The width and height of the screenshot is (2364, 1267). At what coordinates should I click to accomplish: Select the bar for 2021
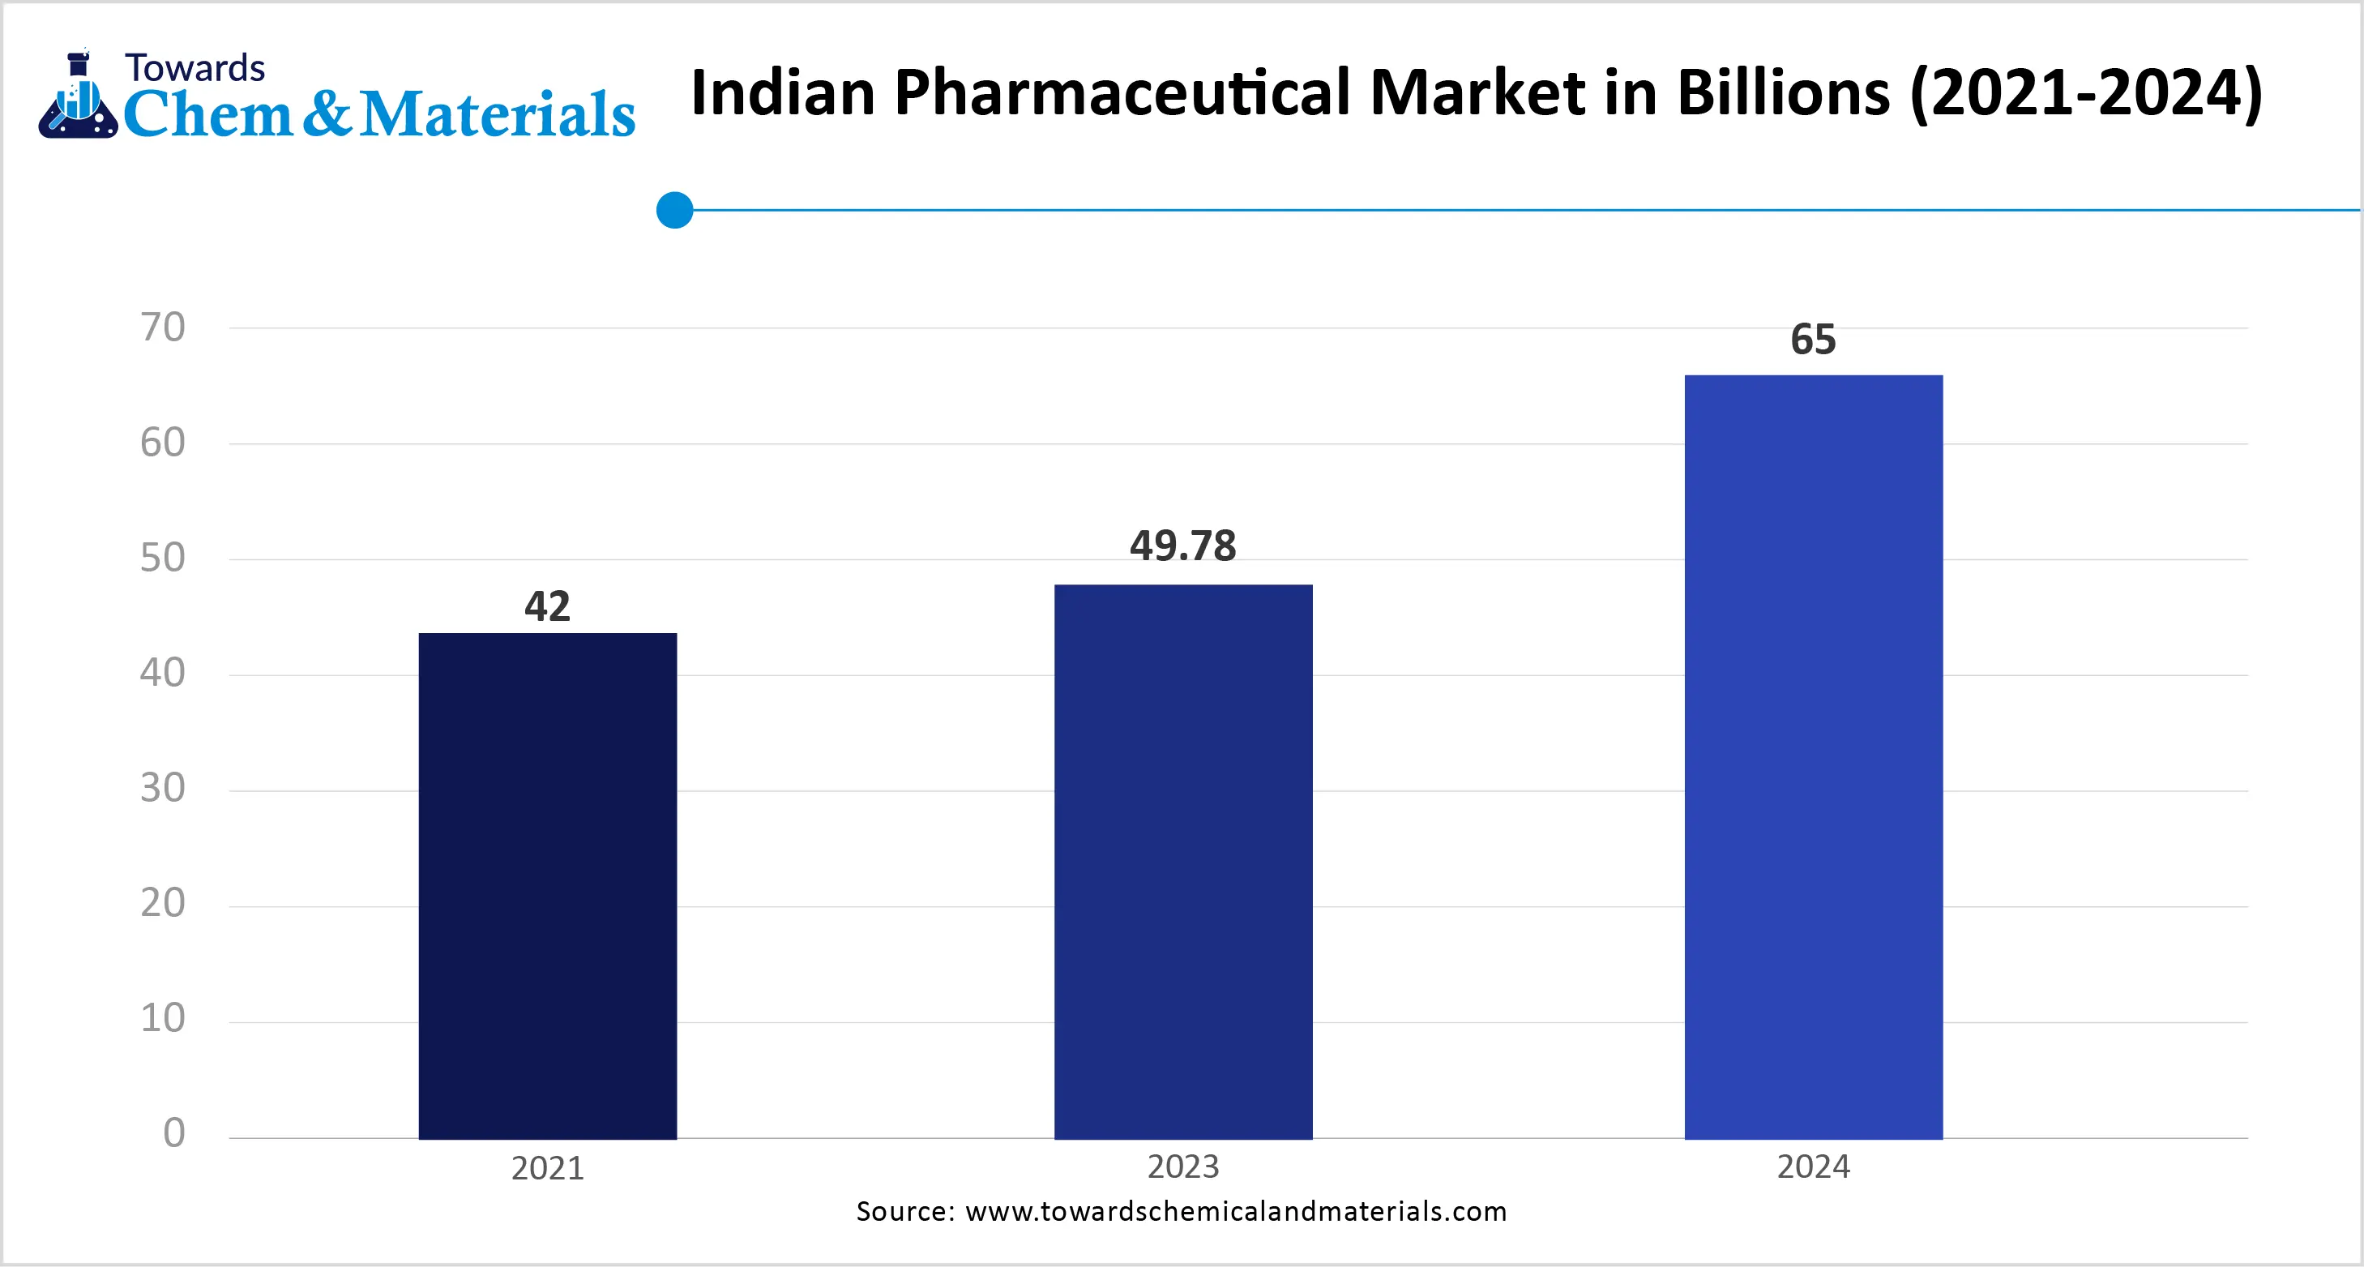(x=547, y=886)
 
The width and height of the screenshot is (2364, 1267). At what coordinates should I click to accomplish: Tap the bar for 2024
(x=1814, y=756)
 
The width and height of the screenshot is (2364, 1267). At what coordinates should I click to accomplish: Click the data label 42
(x=547, y=607)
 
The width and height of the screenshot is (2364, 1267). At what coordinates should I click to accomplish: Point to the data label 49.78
(x=1183, y=546)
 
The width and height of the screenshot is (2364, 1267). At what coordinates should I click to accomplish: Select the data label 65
(x=1814, y=340)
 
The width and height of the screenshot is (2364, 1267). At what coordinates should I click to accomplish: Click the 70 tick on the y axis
(x=162, y=327)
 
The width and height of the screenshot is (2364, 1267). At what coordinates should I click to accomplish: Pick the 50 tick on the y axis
(x=162, y=559)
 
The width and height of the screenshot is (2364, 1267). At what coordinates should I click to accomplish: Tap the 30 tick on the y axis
(x=162, y=789)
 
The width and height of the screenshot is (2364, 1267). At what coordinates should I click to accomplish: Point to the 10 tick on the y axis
(x=162, y=1019)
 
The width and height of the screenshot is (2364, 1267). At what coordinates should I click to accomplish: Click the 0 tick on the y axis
(x=173, y=1134)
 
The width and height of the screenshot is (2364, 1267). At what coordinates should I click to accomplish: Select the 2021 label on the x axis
(x=547, y=1169)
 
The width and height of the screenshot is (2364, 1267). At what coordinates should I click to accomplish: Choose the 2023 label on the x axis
(x=1183, y=1167)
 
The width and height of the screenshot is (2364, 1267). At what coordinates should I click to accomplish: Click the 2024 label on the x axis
(x=1814, y=1167)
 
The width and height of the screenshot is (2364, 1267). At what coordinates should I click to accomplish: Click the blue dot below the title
(x=674, y=210)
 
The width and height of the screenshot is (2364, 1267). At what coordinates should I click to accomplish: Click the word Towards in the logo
(x=195, y=69)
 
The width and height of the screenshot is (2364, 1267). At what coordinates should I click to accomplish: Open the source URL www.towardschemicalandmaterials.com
(x=1235, y=1212)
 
